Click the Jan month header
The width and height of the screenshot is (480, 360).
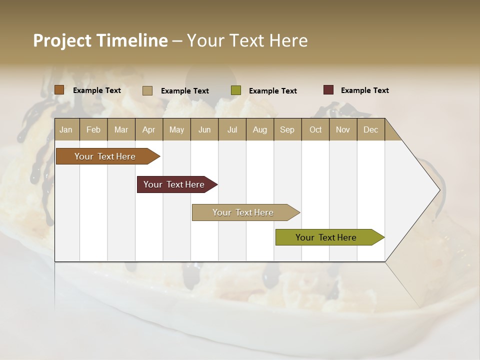[x=66, y=129]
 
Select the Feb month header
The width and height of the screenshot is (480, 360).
[x=93, y=129]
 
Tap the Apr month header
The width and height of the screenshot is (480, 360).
[x=148, y=129]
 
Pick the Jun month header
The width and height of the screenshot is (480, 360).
[x=204, y=129]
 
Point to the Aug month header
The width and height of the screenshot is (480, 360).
[x=259, y=129]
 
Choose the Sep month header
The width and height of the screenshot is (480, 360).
[x=287, y=129]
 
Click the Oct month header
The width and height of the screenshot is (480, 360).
[x=315, y=129]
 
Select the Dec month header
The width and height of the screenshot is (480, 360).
[x=370, y=129]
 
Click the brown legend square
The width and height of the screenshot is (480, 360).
[x=59, y=90]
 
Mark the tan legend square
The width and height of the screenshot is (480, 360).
[x=147, y=90]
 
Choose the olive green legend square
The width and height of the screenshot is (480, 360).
[x=235, y=90]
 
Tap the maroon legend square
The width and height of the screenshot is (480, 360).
[x=328, y=90]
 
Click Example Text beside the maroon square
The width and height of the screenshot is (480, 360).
[x=364, y=90]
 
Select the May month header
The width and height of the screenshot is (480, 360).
[x=176, y=129]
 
